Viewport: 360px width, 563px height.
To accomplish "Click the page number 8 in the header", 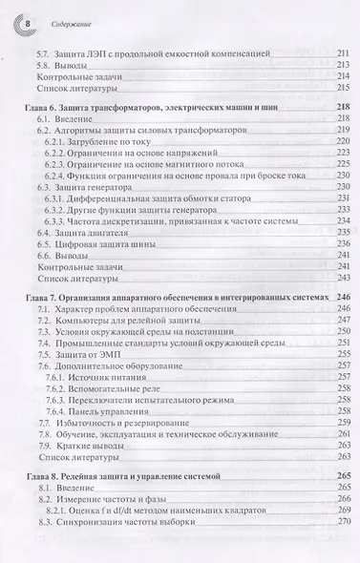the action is click(27, 17).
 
